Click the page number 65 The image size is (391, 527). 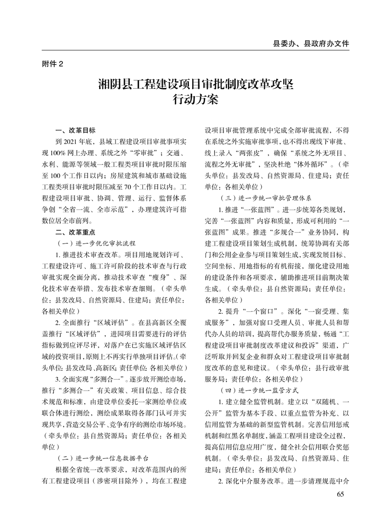[341, 494]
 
